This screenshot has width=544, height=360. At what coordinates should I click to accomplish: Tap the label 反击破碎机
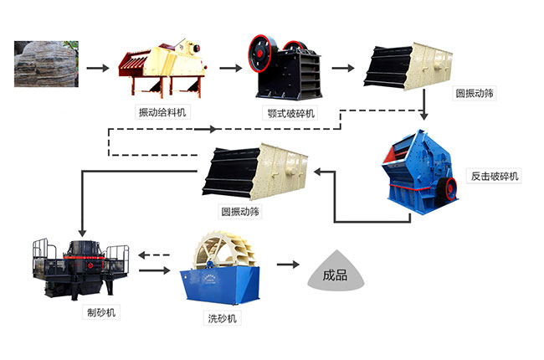(494, 177)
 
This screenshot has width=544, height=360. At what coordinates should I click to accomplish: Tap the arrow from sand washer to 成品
(289, 264)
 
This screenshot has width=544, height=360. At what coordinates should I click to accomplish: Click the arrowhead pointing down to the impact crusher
(424, 115)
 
